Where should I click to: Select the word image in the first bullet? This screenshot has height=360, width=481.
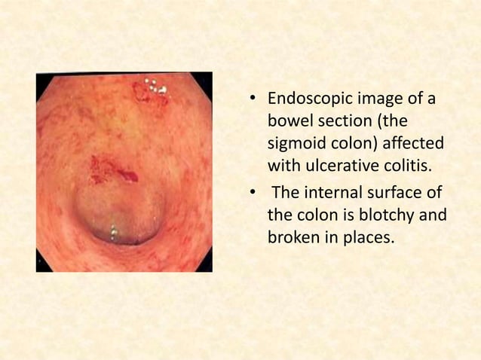[384, 101]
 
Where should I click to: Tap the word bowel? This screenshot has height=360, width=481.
[288, 122]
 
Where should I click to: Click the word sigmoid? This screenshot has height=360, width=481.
[293, 143]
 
